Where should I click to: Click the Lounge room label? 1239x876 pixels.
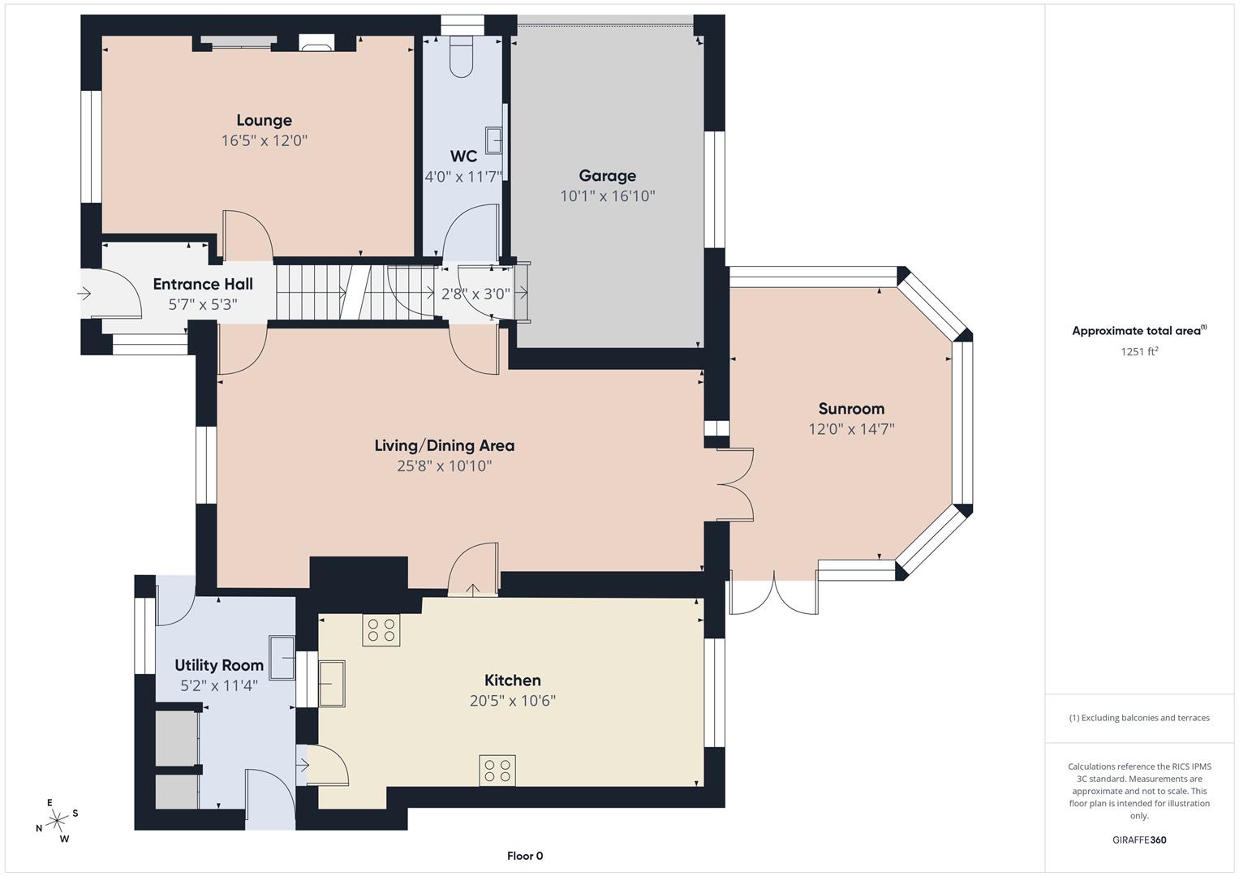[264, 121]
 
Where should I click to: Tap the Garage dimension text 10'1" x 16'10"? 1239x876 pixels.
[607, 196]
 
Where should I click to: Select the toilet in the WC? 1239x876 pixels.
[461, 57]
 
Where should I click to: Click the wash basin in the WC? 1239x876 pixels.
[493, 140]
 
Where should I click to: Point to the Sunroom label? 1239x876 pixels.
[850, 409]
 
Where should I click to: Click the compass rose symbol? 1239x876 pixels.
[58, 821]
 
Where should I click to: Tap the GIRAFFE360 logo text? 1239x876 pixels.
[1138, 839]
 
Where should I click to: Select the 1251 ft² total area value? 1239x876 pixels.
[1138, 351]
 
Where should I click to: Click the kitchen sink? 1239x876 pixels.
[332, 683]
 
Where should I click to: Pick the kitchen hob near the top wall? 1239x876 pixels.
[381, 631]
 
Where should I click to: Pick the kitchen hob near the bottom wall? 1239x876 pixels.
[497, 771]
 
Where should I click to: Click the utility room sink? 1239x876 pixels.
[283, 657]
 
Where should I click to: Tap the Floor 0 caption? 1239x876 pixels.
[524, 856]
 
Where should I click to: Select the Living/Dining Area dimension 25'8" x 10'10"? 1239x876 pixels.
[444, 466]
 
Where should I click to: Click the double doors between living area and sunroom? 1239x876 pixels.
[735, 484]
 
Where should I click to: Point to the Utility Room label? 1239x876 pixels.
[219, 666]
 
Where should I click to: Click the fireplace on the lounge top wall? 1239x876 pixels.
[316, 43]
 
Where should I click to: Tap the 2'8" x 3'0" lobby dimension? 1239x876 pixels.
[475, 294]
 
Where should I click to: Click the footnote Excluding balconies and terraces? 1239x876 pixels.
[1138, 718]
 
